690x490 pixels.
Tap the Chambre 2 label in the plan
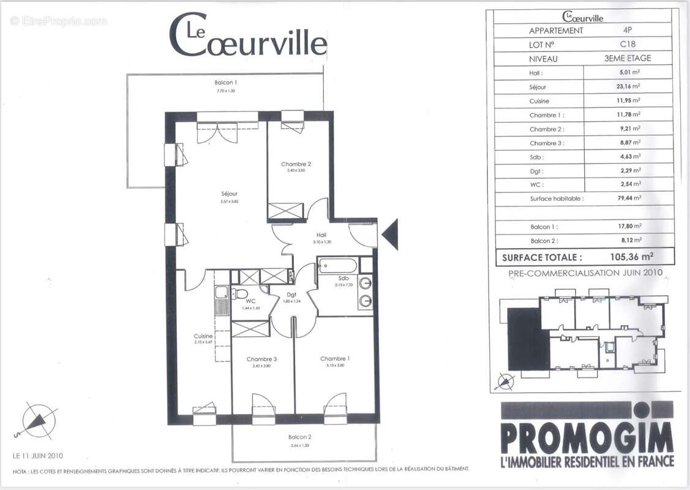click(296, 164)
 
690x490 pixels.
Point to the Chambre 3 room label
click(261, 359)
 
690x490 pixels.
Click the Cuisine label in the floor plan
click(203, 336)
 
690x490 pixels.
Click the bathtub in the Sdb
click(337, 266)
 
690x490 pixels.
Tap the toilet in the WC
click(242, 293)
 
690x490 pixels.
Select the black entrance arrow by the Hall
click(390, 234)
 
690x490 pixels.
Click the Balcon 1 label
click(225, 83)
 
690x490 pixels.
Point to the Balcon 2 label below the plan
click(300, 437)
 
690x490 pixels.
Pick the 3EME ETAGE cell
click(628, 59)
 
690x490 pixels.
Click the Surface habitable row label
click(557, 198)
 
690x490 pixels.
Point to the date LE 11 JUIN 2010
click(38, 456)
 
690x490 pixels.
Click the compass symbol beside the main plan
click(38, 421)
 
